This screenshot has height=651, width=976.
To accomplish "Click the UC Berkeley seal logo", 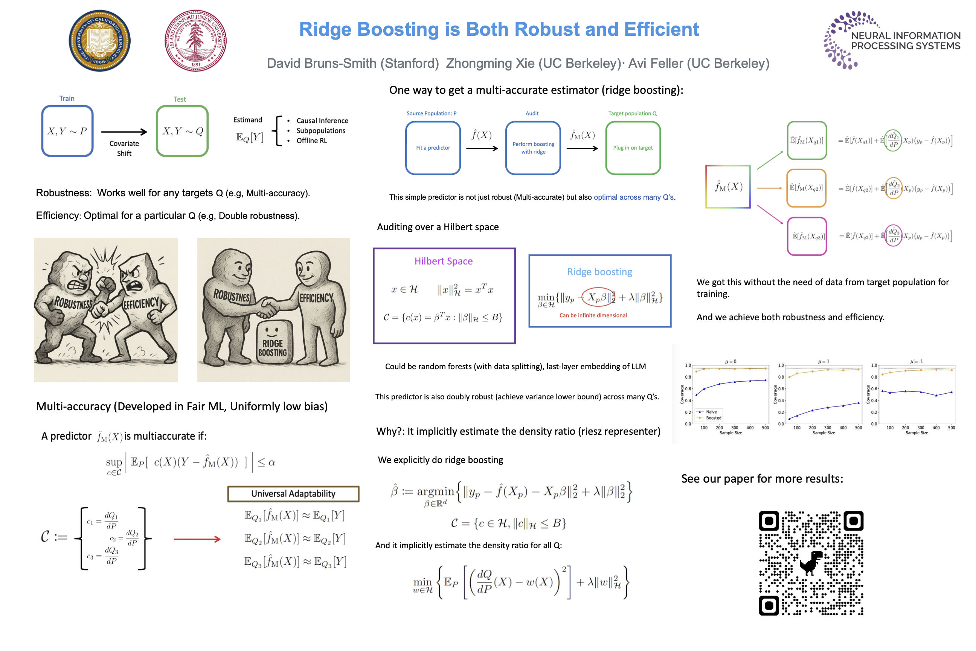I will point(99,41).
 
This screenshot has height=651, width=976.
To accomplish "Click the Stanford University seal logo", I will point(195,41).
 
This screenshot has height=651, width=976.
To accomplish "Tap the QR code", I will point(811,563).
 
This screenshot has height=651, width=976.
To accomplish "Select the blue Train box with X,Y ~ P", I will point(67,131).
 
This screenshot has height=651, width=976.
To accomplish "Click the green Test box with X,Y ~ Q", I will point(182,131).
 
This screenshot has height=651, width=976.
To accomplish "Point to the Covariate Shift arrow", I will point(124,132).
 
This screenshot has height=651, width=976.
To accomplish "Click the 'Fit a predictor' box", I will point(433,148).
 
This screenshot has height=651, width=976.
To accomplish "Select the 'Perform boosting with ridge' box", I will point(533,148).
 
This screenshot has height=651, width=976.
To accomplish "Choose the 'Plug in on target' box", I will point(633,148).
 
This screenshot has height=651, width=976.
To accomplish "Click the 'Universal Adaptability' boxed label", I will point(293,494).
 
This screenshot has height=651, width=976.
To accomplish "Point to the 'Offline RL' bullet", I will point(312,141).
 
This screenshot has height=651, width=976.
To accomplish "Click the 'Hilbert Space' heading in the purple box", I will point(443,261).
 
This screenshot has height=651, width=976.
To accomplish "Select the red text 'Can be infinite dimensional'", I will point(593,316).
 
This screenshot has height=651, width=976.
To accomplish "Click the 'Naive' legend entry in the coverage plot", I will point(711,412).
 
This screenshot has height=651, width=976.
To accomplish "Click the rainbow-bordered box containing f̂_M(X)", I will point(728,187).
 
